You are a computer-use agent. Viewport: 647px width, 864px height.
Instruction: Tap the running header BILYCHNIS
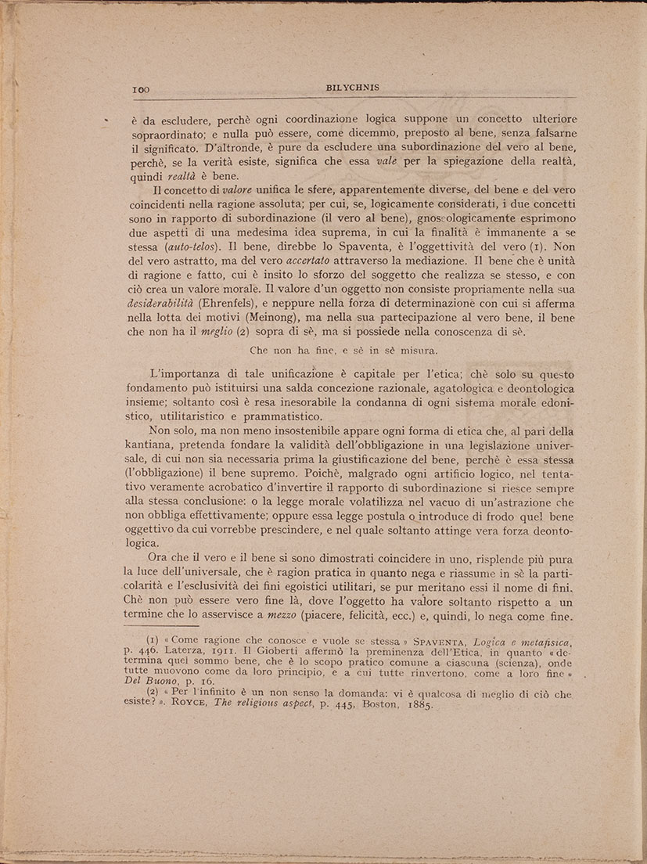point(352,88)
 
